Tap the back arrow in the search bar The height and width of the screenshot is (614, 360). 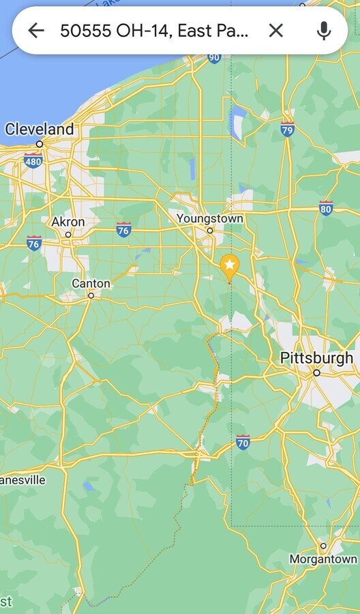click(35, 30)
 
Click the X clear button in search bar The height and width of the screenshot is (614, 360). click(275, 30)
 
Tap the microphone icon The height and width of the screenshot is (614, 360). click(324, 30)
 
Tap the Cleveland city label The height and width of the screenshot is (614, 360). click(39, 129)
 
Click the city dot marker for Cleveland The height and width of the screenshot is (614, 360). click(40, 144)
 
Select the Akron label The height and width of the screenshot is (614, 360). click(68, 222)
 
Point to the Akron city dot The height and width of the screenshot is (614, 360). click(68, 235)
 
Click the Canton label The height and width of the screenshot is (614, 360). click(91, 283)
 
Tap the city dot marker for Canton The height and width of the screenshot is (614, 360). click(91, 295)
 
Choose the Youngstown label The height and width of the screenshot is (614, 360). click(209, 218)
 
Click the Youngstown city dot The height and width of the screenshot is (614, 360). click(210, 231)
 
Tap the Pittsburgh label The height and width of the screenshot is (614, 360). click(316, 357)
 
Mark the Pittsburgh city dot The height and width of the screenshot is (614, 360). click(316, 372)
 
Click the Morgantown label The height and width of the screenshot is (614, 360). click(323, 559)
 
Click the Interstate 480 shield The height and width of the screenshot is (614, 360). click(32, 161)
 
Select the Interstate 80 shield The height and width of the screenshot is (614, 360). click(326, 208)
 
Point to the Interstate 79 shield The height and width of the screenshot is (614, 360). click(288, 128)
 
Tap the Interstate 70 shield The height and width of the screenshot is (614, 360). click(243, 442)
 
